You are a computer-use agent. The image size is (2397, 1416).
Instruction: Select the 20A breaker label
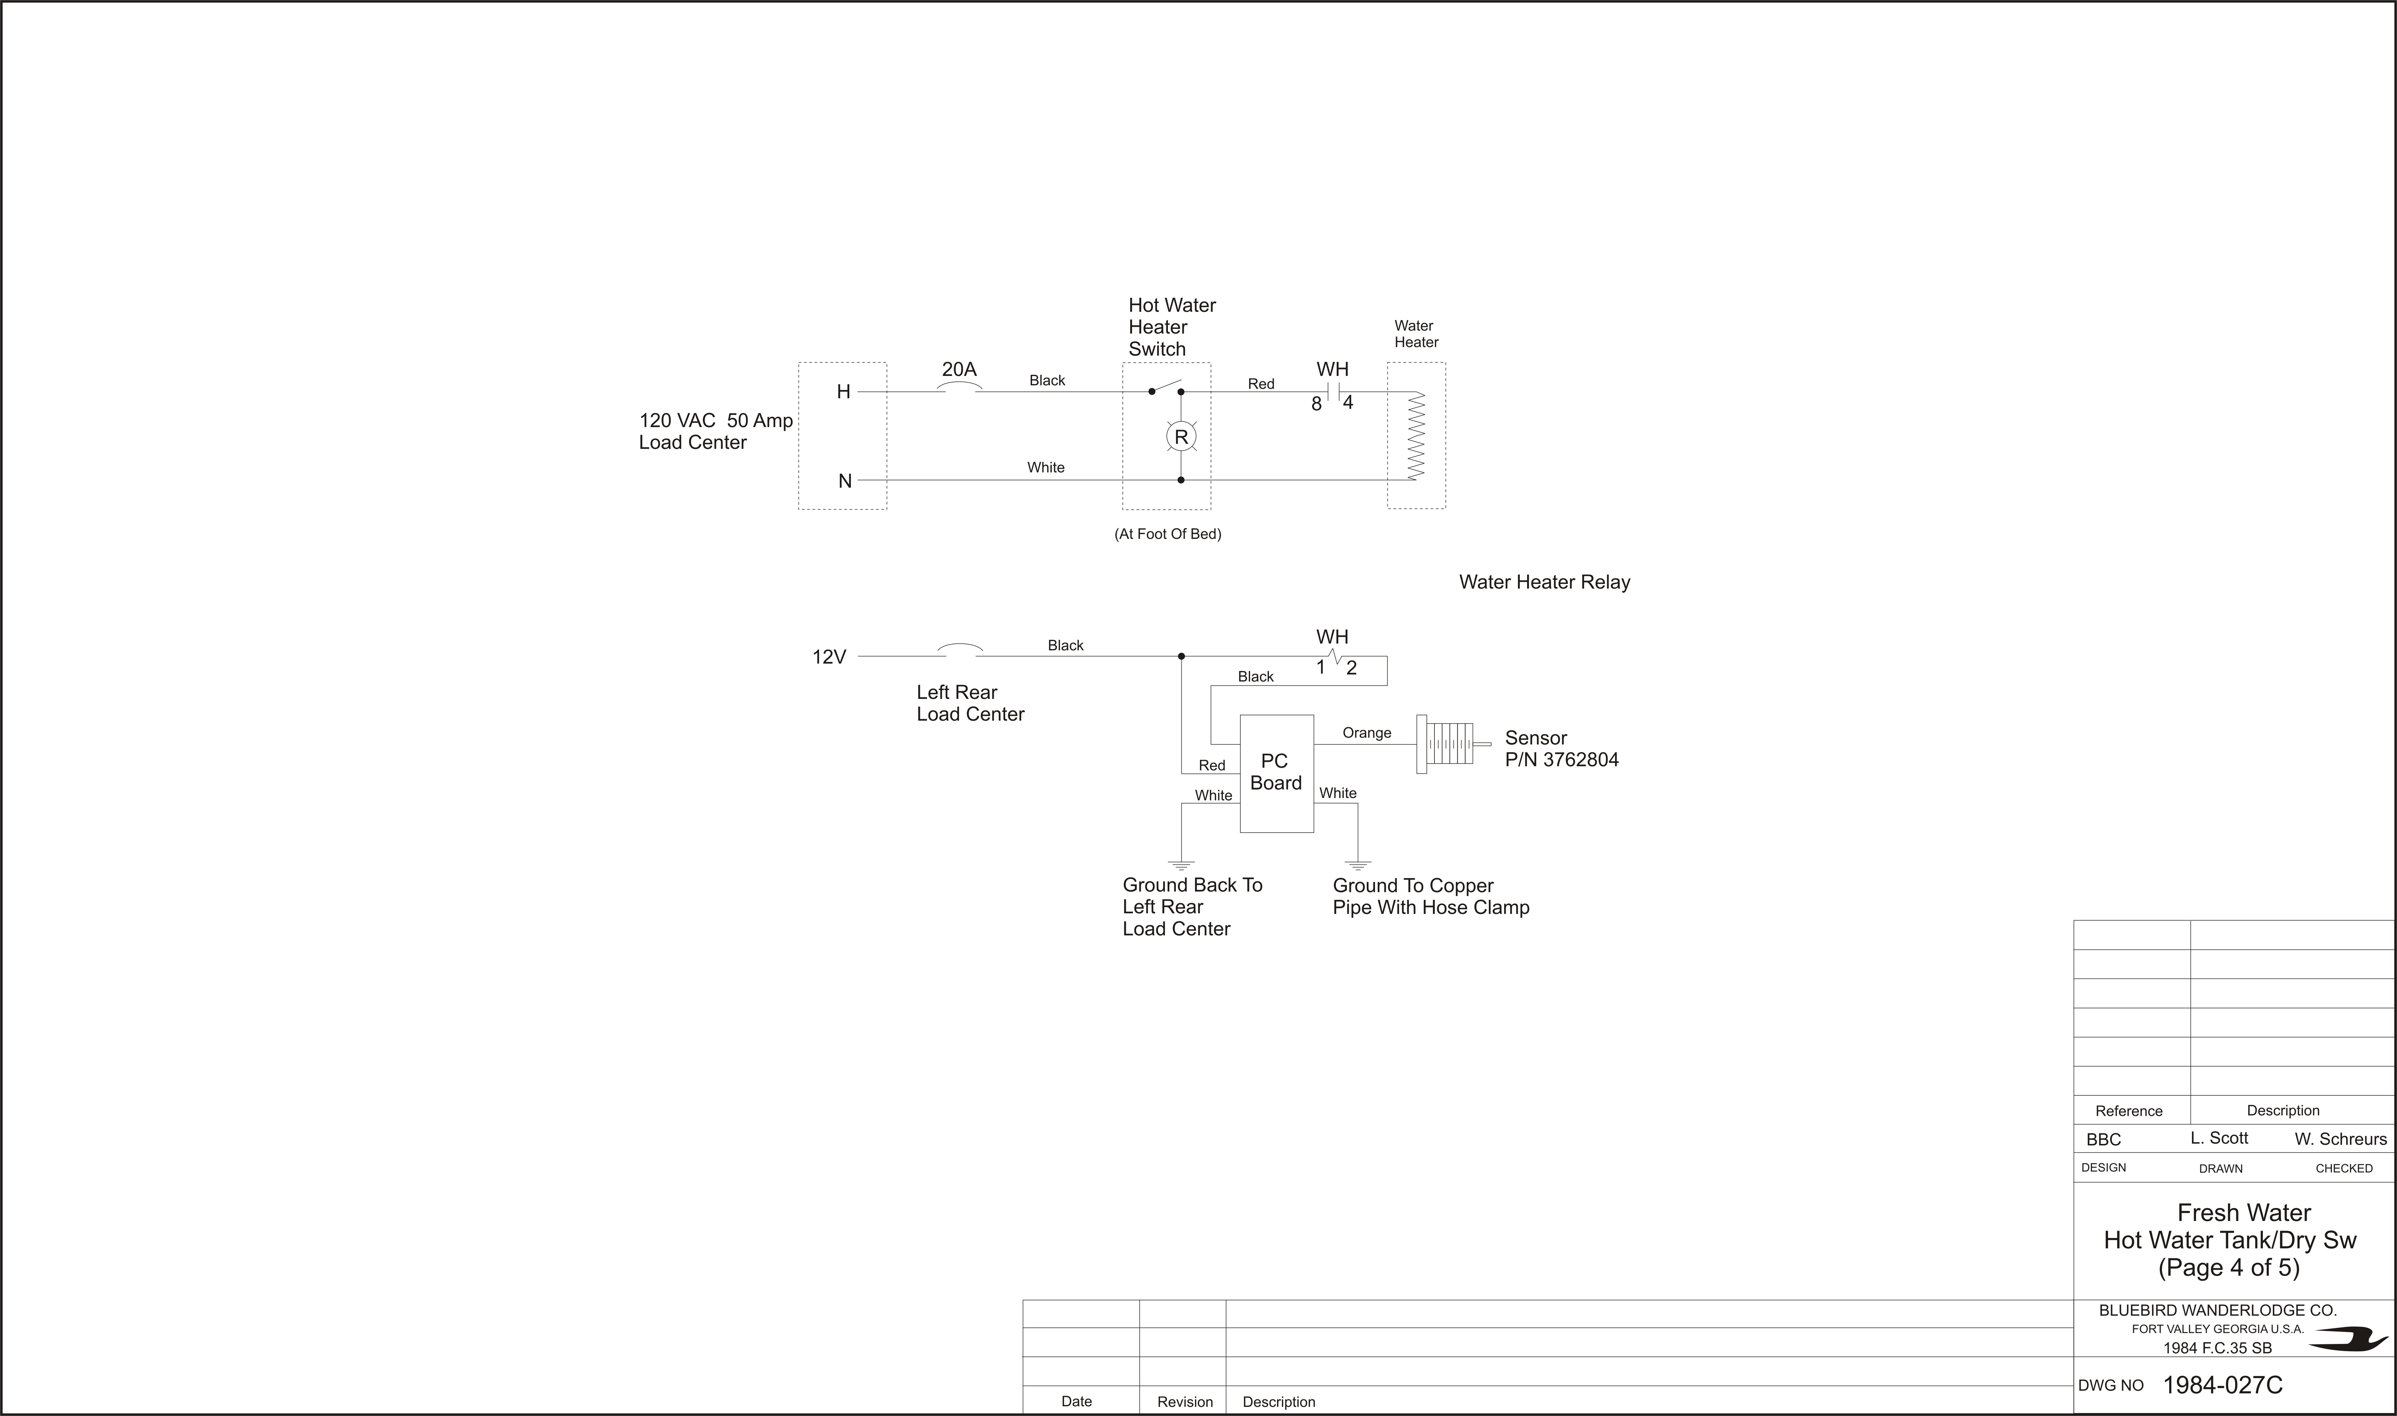click(959, 369)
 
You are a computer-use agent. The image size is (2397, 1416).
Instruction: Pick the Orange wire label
click(1366, 733)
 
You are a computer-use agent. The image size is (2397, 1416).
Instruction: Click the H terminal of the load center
click(843, 392)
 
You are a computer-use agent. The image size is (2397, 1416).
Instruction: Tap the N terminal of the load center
click(845, 481)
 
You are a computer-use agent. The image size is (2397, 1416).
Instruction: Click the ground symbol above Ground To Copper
click(1358, 864)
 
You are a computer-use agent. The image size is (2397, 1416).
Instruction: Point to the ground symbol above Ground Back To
click(1181, 864)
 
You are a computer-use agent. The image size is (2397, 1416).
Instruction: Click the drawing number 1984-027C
click(2222, 1385)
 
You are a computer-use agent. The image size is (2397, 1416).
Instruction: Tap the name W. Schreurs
click(2341, 1138)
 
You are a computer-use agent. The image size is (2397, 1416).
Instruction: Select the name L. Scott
click(2218, 1137)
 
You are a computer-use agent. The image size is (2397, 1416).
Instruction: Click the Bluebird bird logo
click(2347, 1340)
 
